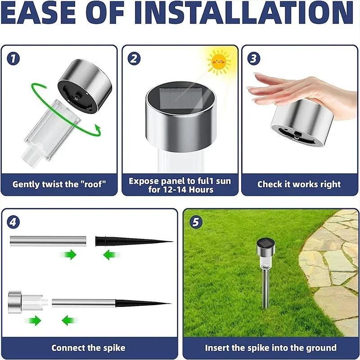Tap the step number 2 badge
click(134, 58)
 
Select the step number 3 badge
click(254, 58)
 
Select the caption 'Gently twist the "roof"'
click(59, 184)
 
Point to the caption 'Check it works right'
click(299, 184)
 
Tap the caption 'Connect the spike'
click(88, 347)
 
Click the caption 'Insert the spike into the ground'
click(270, 347)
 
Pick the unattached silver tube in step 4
click(49, 241)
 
